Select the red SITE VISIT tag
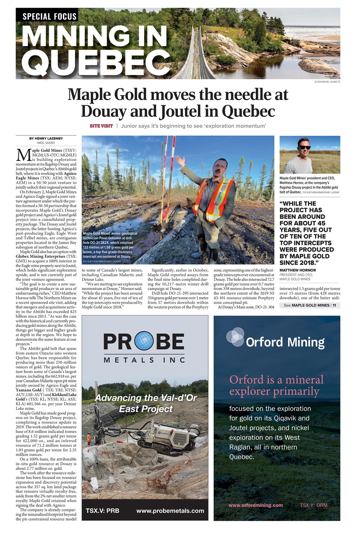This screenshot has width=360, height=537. point(101,126)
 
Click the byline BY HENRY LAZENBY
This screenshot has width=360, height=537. point(46,138)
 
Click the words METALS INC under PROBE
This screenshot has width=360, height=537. point(145,360)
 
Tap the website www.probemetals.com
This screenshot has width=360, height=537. point(170,511)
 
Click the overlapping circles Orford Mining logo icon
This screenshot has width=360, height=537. point(235,337)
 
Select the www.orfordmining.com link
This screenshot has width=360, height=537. point(255,505)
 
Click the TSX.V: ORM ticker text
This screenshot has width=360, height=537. point(313,505)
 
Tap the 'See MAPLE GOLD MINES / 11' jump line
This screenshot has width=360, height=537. point(310,305)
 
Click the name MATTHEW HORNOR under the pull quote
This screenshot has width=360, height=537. point(297,270)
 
